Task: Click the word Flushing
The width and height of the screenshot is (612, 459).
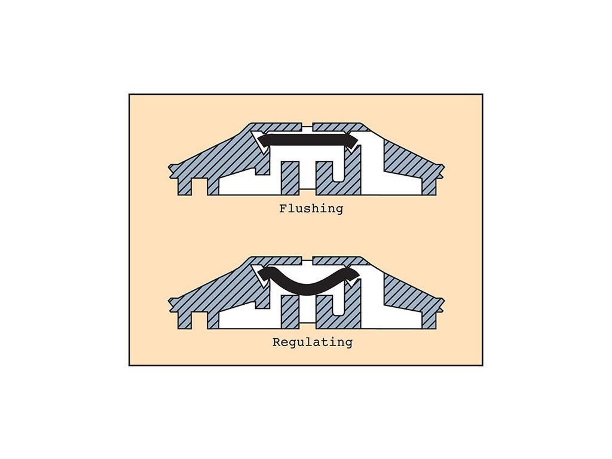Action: [311, 209]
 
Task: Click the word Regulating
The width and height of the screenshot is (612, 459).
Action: [312, 342]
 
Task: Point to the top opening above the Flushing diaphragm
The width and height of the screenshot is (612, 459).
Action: [307, 127]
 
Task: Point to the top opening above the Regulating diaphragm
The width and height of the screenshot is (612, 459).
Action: [307, 261]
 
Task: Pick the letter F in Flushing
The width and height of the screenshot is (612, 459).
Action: [283, 209]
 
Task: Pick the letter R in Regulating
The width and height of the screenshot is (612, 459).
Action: [276, 342]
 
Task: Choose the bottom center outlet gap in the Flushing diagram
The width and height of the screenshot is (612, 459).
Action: [307, 190]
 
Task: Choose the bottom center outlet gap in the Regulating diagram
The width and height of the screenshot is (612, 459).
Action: [307, 324]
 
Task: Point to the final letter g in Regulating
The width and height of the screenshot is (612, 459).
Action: [348, 344]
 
